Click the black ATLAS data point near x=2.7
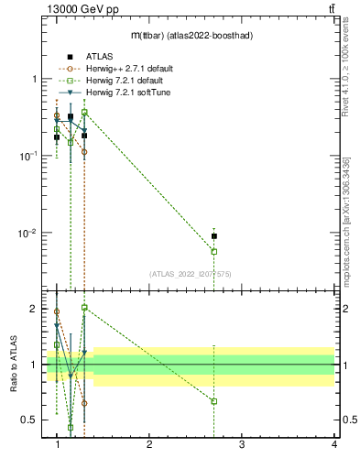click(x=214, y=236)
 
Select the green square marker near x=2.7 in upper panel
click(x=214, y=251)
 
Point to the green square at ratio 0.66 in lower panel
click(x=214, y=401)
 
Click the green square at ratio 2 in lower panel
click(x=84, y=308)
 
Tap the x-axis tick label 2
click(x=149, y=444)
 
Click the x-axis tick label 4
click(x=333, y=444)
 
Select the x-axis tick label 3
click(x=241, y=444)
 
